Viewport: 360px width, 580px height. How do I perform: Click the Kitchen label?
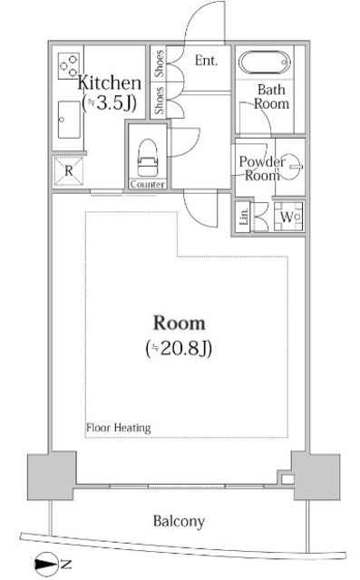click(109, 81)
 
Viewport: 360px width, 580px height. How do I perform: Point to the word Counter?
click(147, 184)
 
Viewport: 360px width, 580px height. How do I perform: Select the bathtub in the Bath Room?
click(264, 64)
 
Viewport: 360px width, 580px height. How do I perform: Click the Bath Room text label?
click(272, 96)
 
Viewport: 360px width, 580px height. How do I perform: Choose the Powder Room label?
click(262, 169)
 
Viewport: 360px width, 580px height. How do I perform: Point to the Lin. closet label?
click(244, 216)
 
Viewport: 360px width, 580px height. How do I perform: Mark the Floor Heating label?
click(118, 428)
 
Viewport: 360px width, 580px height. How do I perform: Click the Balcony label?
click(178, 521)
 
